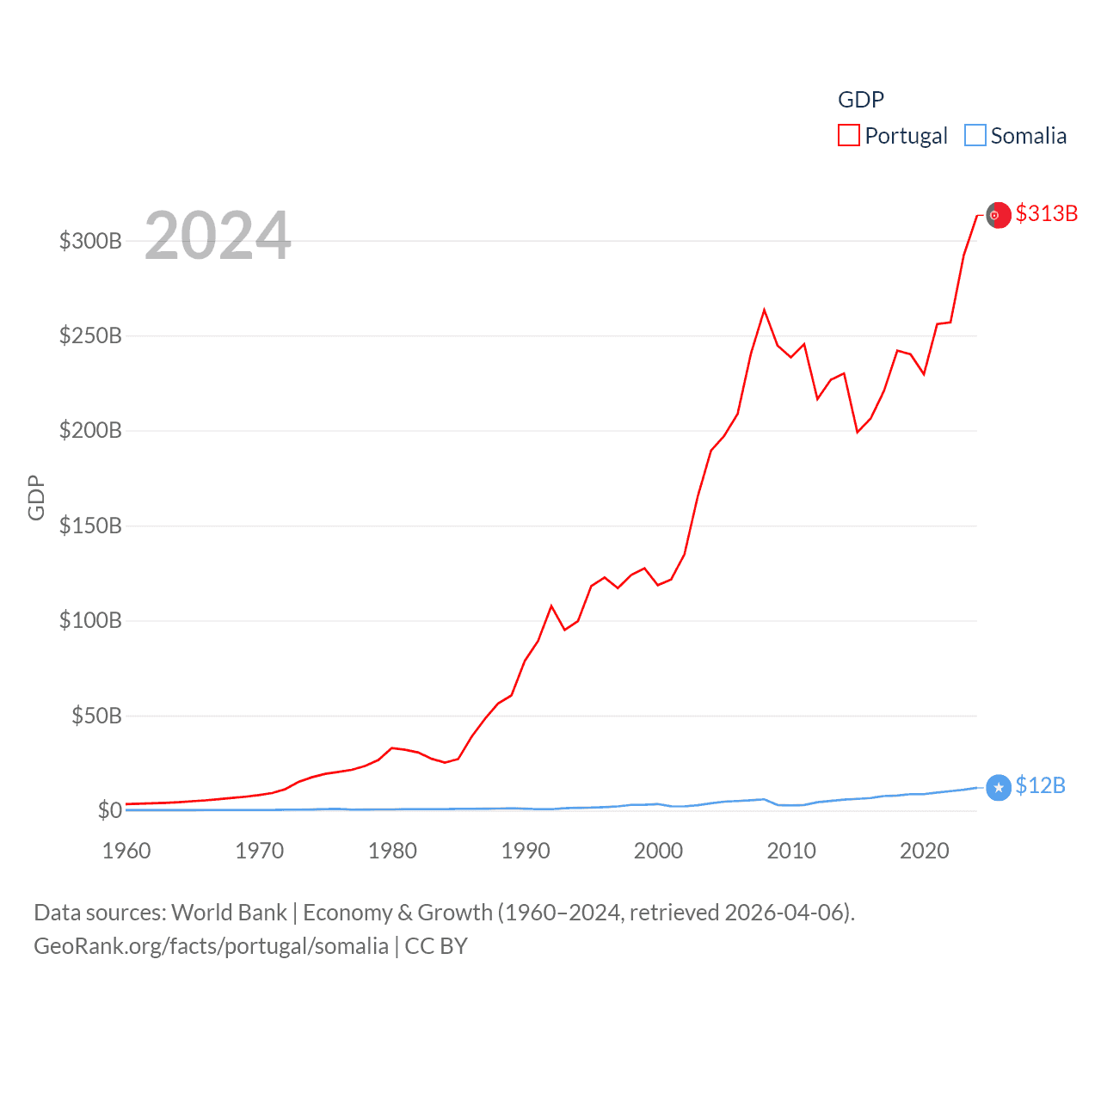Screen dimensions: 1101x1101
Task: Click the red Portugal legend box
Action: tap(848, 136)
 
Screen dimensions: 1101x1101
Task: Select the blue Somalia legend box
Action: tap(975, 136)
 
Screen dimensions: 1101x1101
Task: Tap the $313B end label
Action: tap(1046, 213)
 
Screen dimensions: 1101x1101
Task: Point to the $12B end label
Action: tap(1040, 785)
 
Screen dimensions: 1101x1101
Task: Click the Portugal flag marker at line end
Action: tap(998, 215)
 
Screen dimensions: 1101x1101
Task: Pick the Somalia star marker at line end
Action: tap(998, 787)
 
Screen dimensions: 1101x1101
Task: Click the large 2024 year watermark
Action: tap(218, 236)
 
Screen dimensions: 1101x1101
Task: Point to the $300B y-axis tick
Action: tap(90, 241)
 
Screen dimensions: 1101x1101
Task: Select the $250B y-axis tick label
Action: tap(90, 335)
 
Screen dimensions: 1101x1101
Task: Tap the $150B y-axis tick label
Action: tap(90, 526)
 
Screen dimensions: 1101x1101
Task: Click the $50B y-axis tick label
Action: tap(96, 716)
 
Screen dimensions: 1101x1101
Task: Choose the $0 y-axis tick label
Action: tap(109, 810)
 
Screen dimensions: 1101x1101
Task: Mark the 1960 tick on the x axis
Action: tap(126, 851)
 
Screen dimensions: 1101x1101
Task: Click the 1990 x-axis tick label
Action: tap(525, 851)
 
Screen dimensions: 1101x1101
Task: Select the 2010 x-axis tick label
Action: tap(790, 851)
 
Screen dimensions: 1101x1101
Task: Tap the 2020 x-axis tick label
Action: tap(924, 851)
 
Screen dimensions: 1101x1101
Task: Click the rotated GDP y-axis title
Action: tap(36, 497)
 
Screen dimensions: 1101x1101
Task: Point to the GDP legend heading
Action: tap(860, 100)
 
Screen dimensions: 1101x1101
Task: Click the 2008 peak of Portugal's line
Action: tap(764, 310)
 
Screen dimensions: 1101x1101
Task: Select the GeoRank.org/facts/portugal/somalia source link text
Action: tap(211, 946)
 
